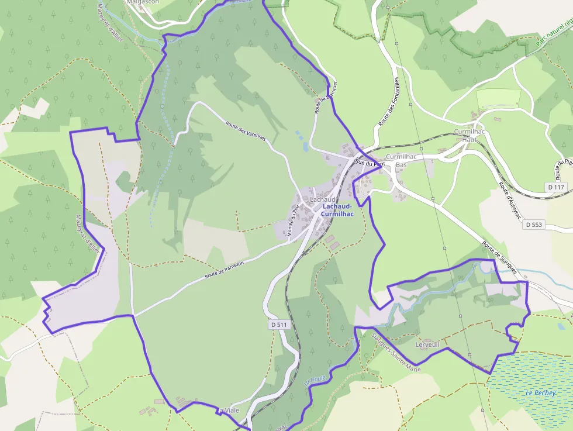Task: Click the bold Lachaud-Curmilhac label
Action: pos(338,210)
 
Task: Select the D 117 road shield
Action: pos(556,187)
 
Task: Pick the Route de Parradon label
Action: pos(224,269)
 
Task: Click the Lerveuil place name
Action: pos(427,345)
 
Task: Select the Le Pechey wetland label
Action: pos(540,392)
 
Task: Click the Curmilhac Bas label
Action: pos(401,161)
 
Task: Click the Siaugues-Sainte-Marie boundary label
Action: pos(396,353)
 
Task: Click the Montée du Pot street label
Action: pos(293,220)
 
